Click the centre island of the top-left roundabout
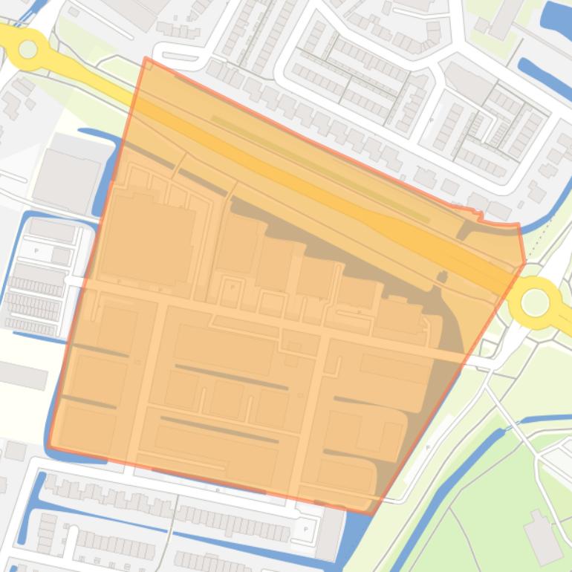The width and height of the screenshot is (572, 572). tap(27, 50)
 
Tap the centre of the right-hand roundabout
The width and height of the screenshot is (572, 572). tap(535, 302)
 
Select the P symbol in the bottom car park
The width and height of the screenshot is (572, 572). tap(305, 529)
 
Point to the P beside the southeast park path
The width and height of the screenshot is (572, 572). tap(428, 446)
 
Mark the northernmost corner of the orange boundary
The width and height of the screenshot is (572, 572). tap(146, 58)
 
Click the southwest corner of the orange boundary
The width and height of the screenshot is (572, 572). tap(49, 446)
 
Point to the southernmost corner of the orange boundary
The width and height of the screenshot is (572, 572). tap(371, 513)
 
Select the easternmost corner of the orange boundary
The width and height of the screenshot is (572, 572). tap(524, 261)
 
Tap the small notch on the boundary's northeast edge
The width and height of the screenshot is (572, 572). tap(479, 216)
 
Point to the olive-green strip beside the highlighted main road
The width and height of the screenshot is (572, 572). tap(319, 167)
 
